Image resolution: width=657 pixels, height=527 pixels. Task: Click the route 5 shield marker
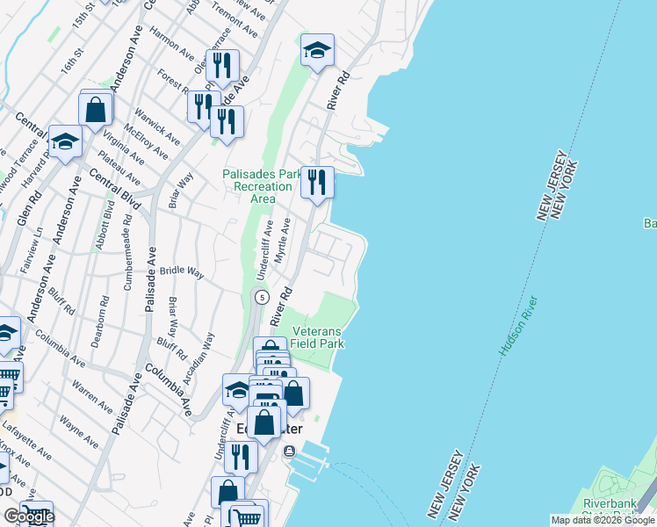coord(261,298)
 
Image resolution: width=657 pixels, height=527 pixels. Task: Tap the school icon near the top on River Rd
coord(317,51)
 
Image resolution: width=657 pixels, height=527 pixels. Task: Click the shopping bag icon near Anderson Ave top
coord(96,111)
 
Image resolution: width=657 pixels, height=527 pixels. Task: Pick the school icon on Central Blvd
coord(65,141)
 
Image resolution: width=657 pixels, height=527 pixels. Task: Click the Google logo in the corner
coord(28,516)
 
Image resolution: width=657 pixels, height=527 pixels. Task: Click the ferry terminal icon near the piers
coord(290,451)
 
